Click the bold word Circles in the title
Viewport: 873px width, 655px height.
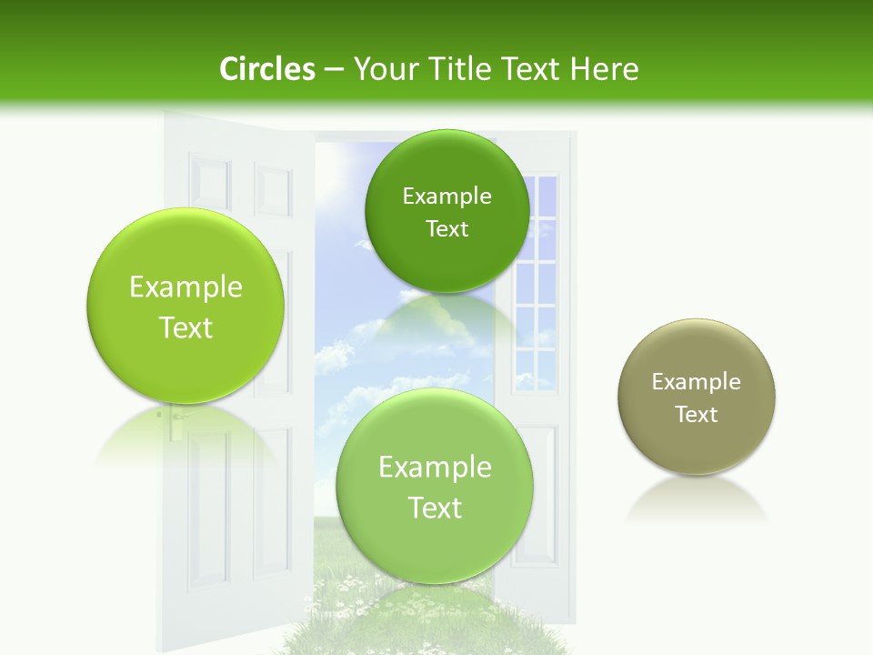coord(266,69)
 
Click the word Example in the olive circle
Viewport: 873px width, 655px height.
coord(697,382)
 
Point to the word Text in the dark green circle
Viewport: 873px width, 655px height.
coord(447,229)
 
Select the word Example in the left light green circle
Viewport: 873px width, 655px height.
coord(186,287)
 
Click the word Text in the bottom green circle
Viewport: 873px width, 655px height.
coord(435,508)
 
